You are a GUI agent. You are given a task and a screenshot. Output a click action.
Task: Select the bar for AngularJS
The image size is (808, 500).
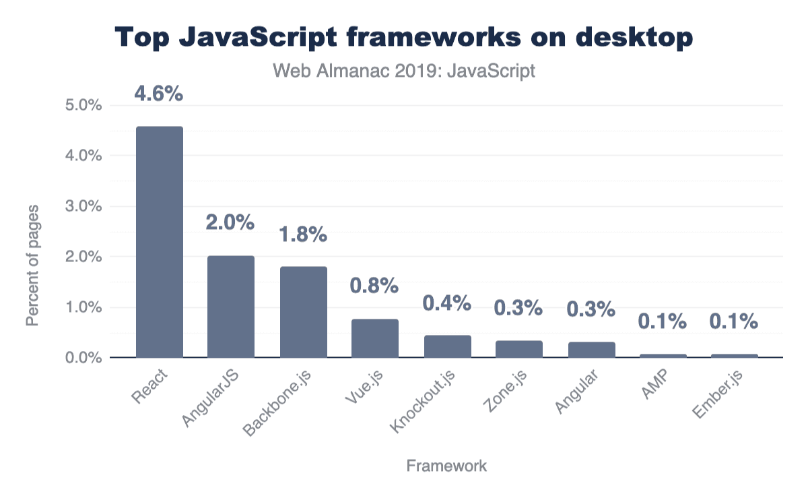tap(231, 307)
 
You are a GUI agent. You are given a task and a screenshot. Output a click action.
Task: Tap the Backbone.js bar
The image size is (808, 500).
tap(304, 312)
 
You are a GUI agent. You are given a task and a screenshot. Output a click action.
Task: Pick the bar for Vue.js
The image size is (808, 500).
tap(375, 338)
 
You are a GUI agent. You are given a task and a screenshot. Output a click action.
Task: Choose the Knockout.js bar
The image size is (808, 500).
tap(448, 346)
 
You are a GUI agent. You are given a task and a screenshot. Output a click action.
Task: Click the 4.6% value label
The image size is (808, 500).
tap(159, 94)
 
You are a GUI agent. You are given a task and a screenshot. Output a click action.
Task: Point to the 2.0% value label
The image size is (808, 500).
tap(230, 223)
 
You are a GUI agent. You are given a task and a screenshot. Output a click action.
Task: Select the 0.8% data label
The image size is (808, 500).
tap(374, 286)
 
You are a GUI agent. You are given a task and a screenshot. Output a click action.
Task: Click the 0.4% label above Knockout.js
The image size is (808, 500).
tap(446, 303)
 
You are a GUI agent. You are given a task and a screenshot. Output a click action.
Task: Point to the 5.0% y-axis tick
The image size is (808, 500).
tap(83, 106)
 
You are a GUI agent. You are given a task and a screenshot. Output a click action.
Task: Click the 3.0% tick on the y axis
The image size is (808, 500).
tap(83, 206)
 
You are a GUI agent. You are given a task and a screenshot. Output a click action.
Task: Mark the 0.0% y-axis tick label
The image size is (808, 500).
tap(83, 358)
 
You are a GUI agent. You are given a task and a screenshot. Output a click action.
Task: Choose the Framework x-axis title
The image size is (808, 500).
tap(446, 466)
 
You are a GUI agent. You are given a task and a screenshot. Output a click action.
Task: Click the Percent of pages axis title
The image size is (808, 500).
tap(32, 265)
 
